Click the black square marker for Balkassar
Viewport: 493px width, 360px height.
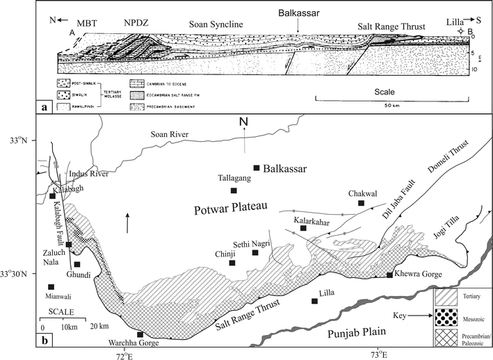(x=257, y=167)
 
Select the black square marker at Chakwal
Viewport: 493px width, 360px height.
(x=361, y=203)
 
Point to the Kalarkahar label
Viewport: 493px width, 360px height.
(x=304, y=219)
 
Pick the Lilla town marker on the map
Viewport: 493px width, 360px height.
(x=315, y=301)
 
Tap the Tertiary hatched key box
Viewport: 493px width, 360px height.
(x=451, y=297)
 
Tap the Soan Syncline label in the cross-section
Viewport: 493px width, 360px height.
(x=213, y=25)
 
